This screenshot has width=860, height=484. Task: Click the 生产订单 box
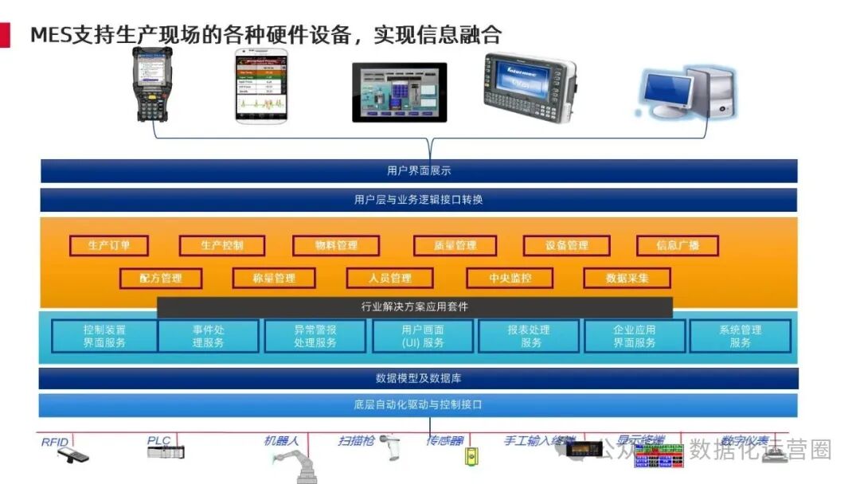tap(109, 245)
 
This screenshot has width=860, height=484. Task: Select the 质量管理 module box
tap(455, 245)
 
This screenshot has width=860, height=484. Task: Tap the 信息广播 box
tap(677, 245)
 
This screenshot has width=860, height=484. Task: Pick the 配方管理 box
tap(160, 278)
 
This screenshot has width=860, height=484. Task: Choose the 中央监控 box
tap(510, 278)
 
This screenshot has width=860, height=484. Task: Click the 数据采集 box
tap(627, 278)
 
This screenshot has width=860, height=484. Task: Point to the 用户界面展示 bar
tap(419, 170)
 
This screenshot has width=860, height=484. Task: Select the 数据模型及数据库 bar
tap(419, 378)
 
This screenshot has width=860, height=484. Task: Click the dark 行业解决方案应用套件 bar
tap(415, 306)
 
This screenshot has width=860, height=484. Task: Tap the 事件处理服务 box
tap(208, 336)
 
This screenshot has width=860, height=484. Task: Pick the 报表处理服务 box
tap(529, 336)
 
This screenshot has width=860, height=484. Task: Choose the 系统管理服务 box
tap(741, 336)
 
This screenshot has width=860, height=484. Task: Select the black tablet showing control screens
tap(399, 92)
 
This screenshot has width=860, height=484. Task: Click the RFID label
tap(55, 441)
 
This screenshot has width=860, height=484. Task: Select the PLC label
tap(158, 440)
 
